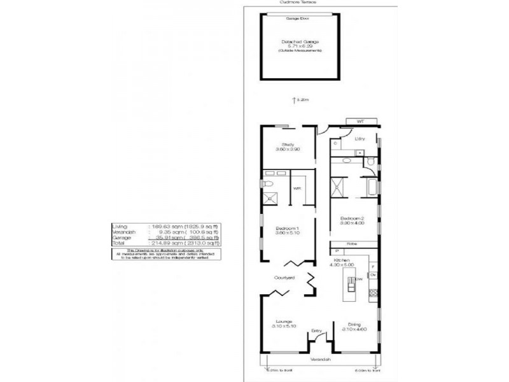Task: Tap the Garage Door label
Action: click(x=292, y=20)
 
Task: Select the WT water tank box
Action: click(x=359, y=120)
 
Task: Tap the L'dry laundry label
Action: click(x=358, y=137)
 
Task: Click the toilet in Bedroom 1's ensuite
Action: click(x=268, y=183)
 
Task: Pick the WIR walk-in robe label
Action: click(x=297, y=188)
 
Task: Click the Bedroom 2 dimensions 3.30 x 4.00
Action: click(x=352, y=223)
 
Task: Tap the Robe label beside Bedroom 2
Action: click(x=351, y=243)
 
